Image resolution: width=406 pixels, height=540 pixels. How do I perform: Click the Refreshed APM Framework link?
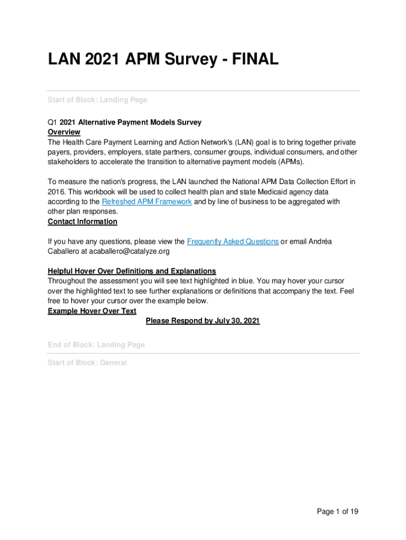(147, 201)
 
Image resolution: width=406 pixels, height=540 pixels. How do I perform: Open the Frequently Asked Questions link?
(233, 241)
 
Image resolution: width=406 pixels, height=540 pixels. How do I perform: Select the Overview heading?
(64, 132)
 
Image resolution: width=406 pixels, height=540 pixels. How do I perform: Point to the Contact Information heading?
(82, 221)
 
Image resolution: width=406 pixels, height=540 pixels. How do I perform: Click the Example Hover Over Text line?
(92, 311)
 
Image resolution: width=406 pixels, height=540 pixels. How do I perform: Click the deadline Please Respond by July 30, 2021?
(202, 321)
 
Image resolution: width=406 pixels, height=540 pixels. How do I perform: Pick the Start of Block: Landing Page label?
(98, 100)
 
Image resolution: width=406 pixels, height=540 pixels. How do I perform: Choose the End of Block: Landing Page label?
(96, 344)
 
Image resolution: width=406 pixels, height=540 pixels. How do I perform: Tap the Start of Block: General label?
(87, 362)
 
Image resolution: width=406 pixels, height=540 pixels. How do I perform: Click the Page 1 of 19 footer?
(337, 511)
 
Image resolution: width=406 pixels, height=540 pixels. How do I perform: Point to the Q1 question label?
(52, 122)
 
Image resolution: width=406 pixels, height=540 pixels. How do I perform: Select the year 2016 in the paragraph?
(56, 191)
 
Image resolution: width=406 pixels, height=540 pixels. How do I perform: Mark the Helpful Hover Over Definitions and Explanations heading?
(132, 271)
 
